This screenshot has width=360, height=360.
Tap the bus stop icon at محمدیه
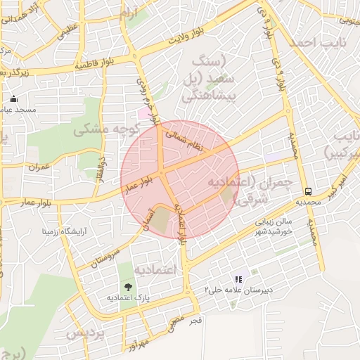point(309,191)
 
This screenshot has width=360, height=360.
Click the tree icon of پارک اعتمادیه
point(127,286)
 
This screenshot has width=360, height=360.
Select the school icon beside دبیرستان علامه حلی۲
point(238,279)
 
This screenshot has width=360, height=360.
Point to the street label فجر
point(197,321)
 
